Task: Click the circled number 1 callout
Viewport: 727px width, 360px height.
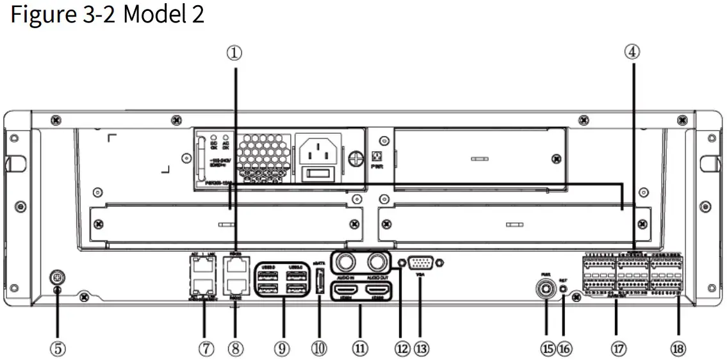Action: pyautogui.click(x=234, y=54)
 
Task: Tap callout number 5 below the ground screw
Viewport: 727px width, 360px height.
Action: pyautogui.click(x=58, y=348)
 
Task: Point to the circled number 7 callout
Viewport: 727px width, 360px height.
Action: pyautogui.click(x=206, y=348)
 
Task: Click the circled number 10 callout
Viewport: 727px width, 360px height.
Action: pyautogui.click(x=318, y=348)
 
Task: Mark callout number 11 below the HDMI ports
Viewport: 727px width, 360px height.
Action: pyautogui.click(x=360, y=348)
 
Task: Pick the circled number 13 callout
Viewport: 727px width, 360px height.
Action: pyautogui.click(x=421, y=348)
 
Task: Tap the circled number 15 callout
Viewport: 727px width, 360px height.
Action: pyautogui.click(x=547, y=348)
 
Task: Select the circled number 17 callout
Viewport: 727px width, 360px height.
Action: pyautogui.click(x=617, y=348)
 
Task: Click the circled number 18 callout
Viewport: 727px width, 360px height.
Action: pyautogui.click(x=678, y=348)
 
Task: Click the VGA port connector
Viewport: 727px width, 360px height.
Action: pyautogui.click(x=420, y=263)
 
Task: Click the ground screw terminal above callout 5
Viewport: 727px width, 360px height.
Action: pyautogui.click(x=58, y=279)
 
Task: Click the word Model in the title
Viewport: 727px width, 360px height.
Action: pyautogui.click(x=153, y=14)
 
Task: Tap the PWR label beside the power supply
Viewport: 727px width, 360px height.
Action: pyautogui.click(x=379, y=165)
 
